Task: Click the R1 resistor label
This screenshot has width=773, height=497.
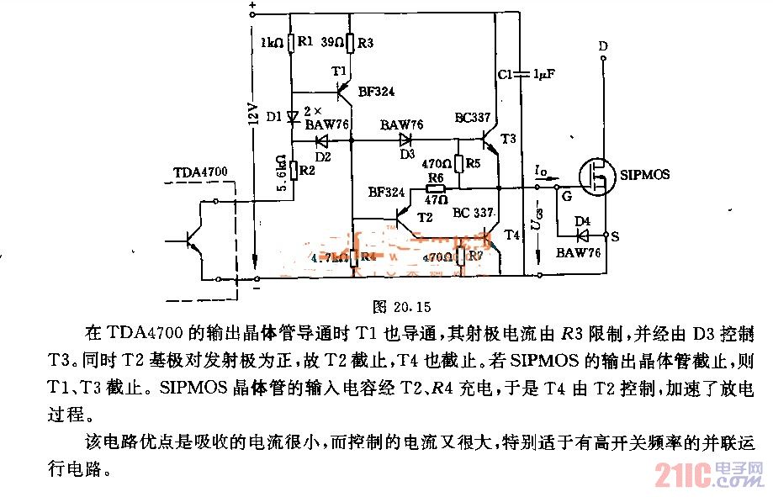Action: coord(306,40)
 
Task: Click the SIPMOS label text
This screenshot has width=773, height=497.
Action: coord(645,174)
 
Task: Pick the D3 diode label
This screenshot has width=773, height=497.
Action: coord(407,155)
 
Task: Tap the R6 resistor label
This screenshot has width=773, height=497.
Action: coord(435,178)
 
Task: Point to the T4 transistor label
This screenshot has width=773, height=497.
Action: coord(511,235)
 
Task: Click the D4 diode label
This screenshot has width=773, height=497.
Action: coord(581,220)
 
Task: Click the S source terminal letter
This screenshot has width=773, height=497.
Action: coord(615,238)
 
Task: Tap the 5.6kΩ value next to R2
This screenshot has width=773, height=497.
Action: coord(280,173)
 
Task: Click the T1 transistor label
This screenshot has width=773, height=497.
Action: coord(339,72)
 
